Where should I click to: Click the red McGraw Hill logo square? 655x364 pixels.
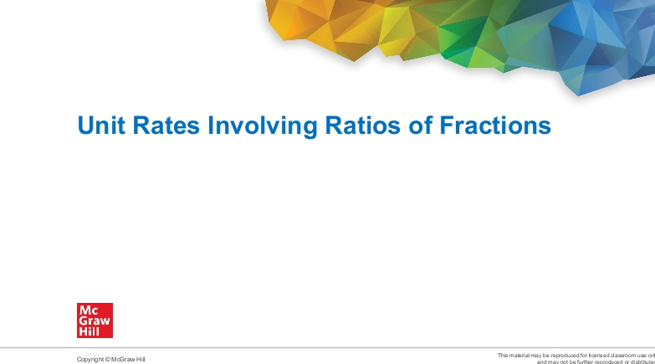pos(95,320)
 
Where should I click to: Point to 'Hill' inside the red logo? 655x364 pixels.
pos(89,331)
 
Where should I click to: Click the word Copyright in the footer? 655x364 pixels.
pos(91,359)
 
